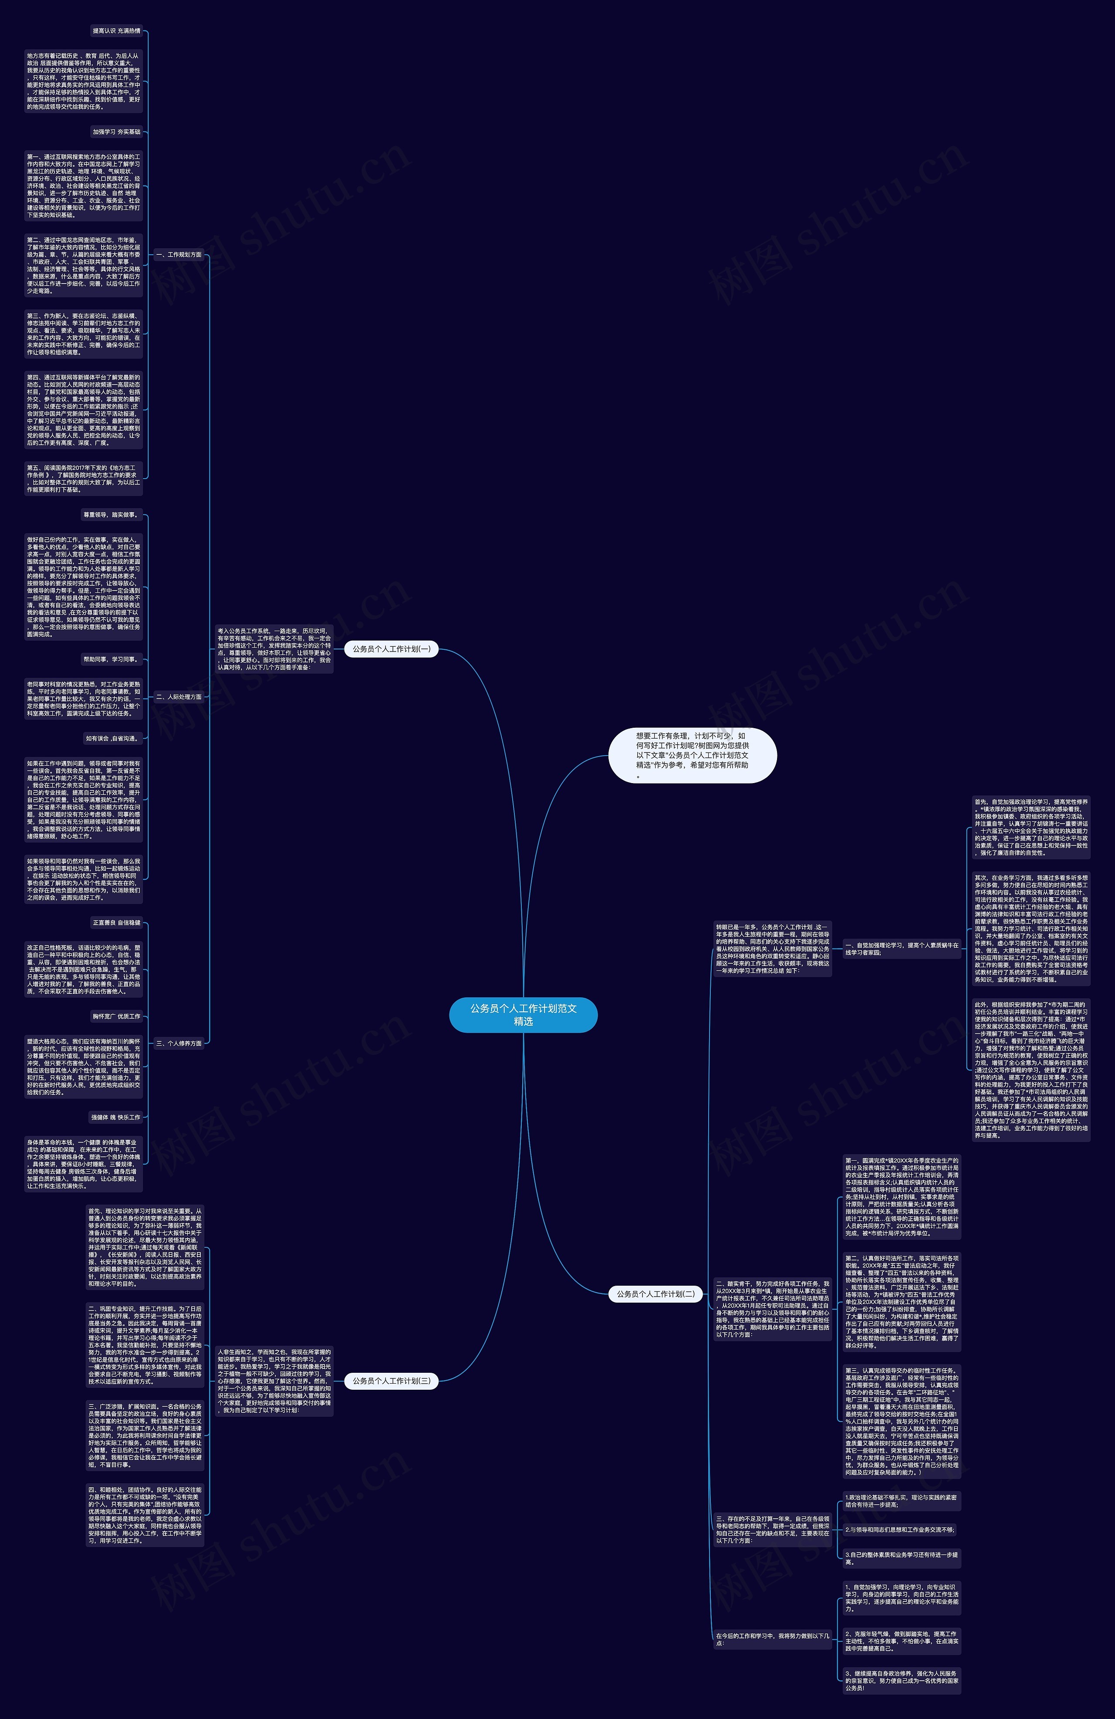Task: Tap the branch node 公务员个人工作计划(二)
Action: (x=655, y=1293)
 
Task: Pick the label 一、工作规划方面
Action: (x=179, y=254)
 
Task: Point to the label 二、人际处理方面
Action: (x=179, y=697)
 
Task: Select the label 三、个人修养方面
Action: (x=179, y=1043)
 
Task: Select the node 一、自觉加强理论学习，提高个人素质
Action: (x=902, y=948)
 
